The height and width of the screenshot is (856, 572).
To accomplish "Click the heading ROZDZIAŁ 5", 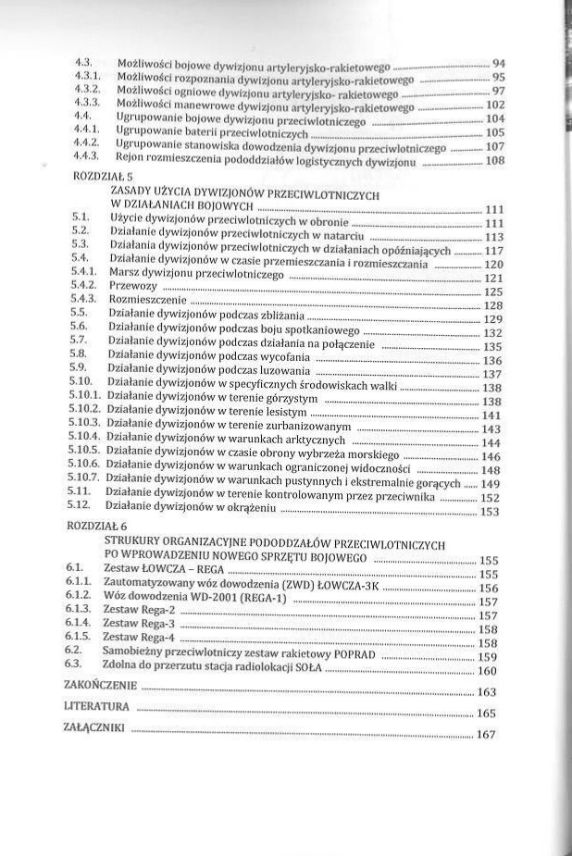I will point(100,174).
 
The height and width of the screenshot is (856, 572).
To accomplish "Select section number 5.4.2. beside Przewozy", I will point(83,289).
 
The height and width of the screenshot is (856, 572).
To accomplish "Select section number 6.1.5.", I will point(78,638).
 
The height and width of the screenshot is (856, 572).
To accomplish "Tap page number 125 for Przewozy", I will point(492,292).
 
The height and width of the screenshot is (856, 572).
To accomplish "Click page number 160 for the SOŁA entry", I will point(488,671).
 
